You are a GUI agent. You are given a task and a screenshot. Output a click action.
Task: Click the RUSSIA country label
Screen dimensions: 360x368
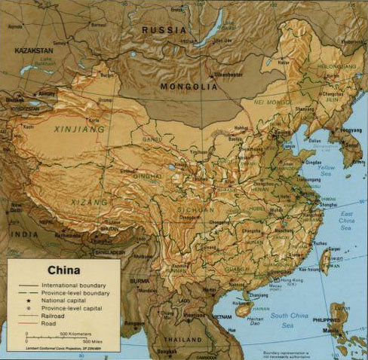tap(164, 29)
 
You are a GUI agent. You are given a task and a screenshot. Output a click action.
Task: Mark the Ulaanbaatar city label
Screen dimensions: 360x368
tap(229, 74)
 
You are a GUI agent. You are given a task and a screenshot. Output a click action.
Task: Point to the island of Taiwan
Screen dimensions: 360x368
tap(328, 261)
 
